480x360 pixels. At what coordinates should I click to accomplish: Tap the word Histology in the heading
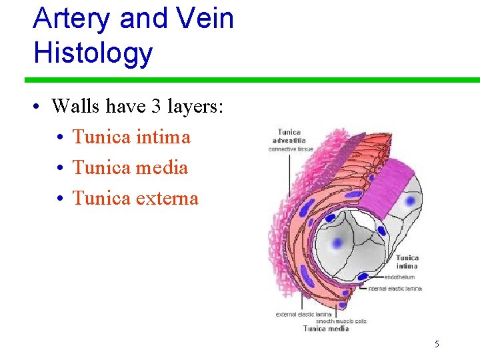point(93,53)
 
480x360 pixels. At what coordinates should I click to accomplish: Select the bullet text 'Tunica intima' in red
point(131,137)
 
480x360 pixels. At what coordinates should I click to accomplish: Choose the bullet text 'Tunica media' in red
point(130,168)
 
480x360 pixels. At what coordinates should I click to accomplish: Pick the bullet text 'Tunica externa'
point(135,199)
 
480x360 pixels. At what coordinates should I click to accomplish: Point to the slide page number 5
point(437,345)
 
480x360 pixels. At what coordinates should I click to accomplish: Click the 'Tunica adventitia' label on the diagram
point(289,137)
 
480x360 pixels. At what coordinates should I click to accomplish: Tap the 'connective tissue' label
point(291,149)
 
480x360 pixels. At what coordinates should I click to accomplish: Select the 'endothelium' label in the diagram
point(399,277)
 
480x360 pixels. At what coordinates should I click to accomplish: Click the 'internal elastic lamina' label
point(395,289)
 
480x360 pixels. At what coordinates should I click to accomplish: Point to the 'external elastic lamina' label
point(304,314)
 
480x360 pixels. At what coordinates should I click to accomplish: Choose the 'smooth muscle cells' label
point(341,321)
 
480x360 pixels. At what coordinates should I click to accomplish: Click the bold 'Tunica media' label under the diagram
point(326,329)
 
